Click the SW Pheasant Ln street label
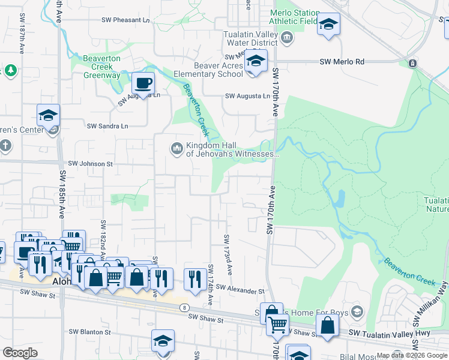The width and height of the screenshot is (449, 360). [125, 20]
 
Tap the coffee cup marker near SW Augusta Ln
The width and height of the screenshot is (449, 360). [143, 83]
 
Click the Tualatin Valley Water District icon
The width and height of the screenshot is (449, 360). [288, 38]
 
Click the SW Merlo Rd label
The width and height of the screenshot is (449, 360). [342, 62]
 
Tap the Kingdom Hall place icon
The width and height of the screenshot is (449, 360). [176, 148]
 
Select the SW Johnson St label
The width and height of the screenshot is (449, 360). [90, 163]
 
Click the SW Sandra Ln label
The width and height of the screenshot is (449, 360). [108, 126]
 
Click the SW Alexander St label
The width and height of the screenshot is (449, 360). [241, 290]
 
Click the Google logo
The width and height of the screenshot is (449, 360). [20, 352]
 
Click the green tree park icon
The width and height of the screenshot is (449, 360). [10, 71]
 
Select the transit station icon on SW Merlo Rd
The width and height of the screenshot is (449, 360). [412, 63]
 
